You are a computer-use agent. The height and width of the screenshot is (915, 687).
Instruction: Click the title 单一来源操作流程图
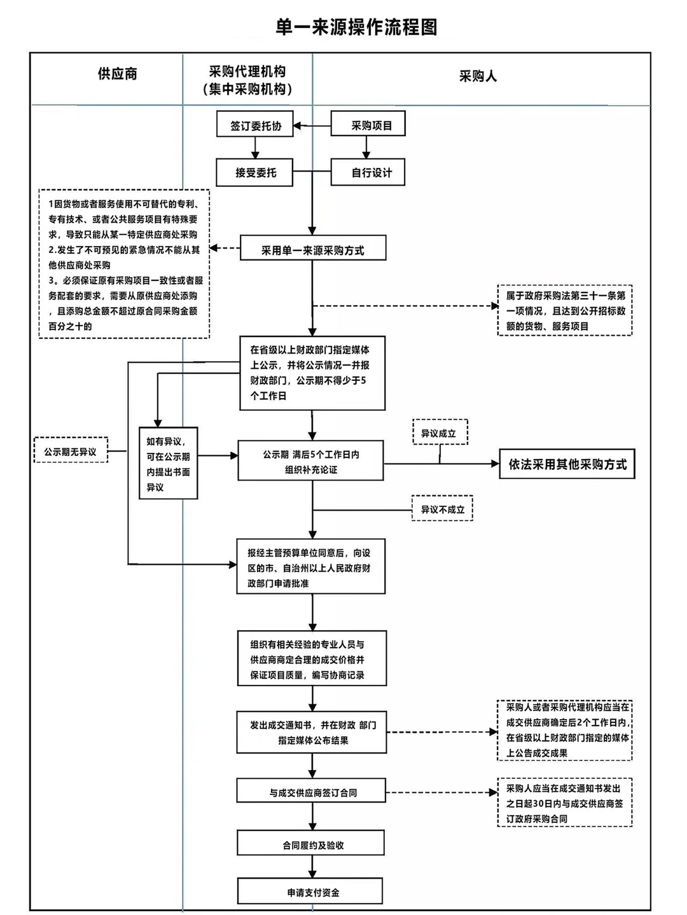356,27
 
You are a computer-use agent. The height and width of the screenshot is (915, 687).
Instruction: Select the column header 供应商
117,74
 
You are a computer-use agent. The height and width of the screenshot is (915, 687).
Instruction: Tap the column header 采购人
478,76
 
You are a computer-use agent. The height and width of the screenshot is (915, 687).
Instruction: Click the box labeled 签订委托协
254,125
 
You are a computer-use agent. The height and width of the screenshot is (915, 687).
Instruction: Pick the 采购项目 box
368,125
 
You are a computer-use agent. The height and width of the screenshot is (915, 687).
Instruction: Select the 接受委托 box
254,172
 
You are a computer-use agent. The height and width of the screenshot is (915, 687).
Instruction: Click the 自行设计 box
368,172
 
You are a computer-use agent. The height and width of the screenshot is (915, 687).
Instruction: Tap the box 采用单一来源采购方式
312,250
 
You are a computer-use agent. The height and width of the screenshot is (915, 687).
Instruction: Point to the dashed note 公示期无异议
71,451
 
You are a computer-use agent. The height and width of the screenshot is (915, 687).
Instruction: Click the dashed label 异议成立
440,433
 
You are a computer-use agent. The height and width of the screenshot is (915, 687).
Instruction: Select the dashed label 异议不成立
442,509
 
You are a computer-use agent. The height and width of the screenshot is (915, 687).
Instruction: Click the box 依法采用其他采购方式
567,464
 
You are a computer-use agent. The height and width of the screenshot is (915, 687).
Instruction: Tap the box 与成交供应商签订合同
312,792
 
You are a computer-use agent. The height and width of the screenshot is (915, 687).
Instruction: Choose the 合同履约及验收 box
311,844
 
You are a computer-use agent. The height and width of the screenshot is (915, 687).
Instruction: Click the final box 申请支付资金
310,891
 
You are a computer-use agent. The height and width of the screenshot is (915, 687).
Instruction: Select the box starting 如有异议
168,464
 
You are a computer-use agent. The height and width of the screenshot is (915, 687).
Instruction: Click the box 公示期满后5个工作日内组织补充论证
311,462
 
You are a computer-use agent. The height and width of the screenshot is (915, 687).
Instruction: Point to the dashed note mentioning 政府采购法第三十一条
565,310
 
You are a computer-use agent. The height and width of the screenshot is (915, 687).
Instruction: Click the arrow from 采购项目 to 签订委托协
312,126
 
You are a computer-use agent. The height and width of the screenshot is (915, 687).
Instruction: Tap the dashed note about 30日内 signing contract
565,802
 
